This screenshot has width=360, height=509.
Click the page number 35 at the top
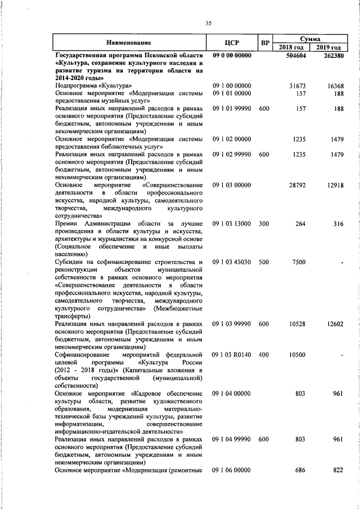[208, 23]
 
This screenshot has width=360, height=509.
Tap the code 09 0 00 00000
[231, 56]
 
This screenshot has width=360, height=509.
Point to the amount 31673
[296, 85]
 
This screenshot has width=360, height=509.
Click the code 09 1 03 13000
[231, 224]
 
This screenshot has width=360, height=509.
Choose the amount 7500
[299, 262]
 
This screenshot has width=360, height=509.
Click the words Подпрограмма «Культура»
[89, 85]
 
